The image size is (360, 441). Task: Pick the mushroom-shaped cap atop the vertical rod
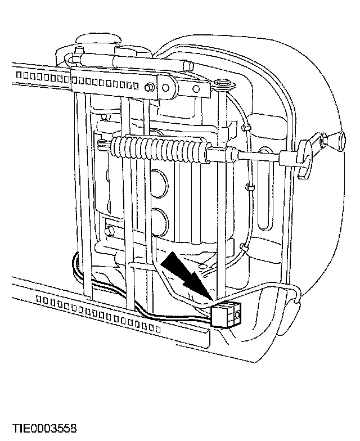222,85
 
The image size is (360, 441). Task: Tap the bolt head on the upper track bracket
150,88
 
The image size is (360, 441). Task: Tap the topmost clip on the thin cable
246,128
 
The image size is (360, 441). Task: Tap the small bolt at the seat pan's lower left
109,231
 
